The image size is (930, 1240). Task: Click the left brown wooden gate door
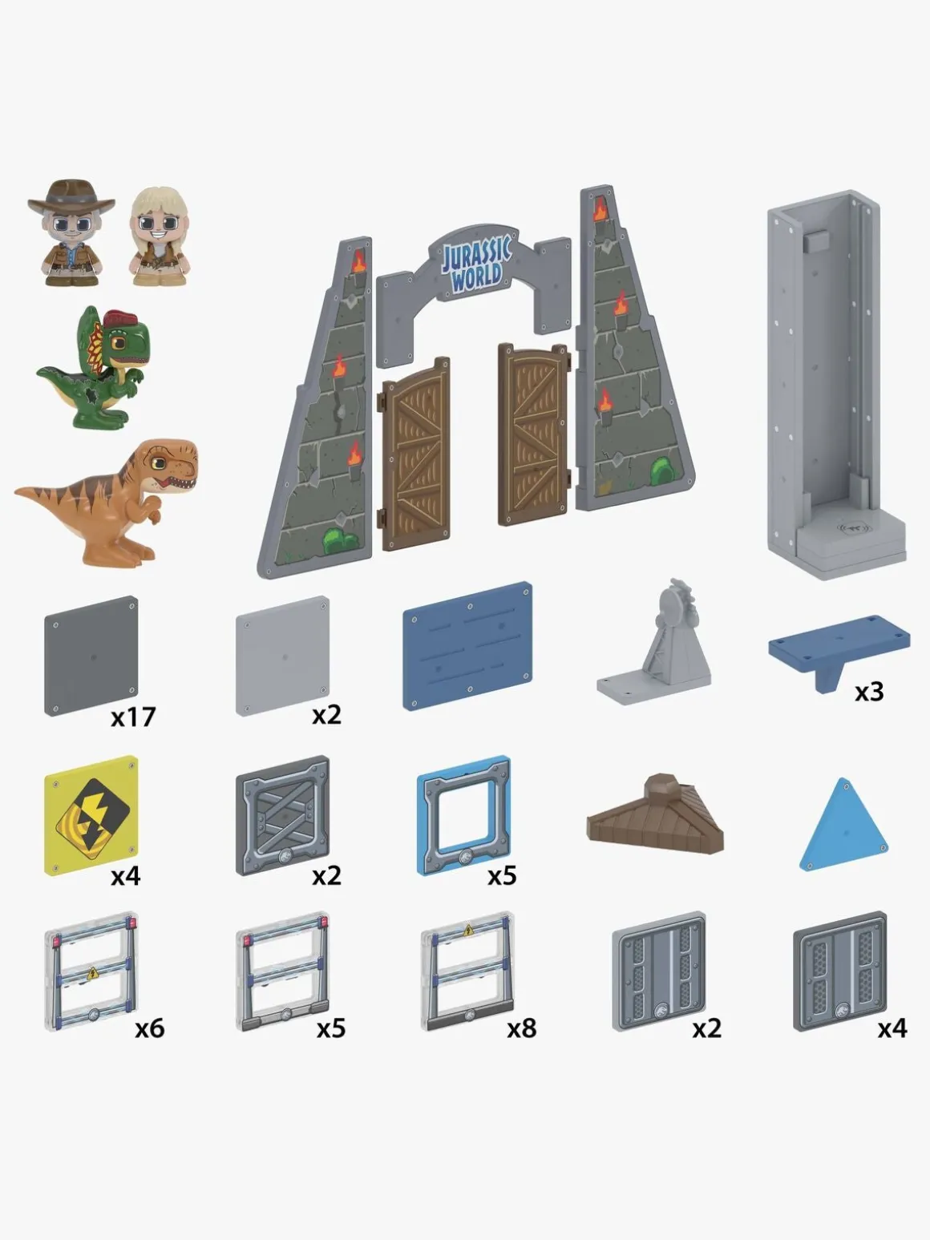click(x=415, y=454)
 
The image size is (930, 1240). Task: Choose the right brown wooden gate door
click(x=534, y=434)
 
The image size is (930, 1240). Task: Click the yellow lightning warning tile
click(x=91, y=816)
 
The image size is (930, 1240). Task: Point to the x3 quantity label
click(x=868, y=692)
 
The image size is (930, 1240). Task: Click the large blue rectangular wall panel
click(x=467, y=646)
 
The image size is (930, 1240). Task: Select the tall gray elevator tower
click(x=836, y=384)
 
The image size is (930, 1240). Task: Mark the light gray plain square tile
click(x=282, y=656)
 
